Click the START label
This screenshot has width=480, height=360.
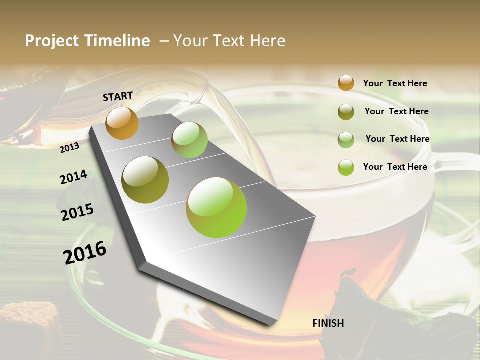pos(118,96)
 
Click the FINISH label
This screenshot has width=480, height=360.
pos(328,323)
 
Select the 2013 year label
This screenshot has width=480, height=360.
pos(70,147)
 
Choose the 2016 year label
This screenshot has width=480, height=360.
pos(85,253)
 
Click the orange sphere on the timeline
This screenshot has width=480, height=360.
pos(122,123)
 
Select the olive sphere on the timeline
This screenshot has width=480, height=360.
pos(145,180)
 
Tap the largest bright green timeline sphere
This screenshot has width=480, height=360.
pos(216,207)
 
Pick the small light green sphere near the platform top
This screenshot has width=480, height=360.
pos(189,140)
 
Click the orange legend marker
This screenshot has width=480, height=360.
pos(346,83)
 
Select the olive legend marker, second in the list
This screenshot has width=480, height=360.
pos(346,112)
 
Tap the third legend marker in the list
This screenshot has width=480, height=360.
pos(346,140)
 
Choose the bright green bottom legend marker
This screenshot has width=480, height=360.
pos(346,167)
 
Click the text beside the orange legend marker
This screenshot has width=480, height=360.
pos(395,83)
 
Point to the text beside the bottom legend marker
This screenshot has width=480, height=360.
pos(395,167)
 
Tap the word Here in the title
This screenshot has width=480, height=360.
pos(267,41)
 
